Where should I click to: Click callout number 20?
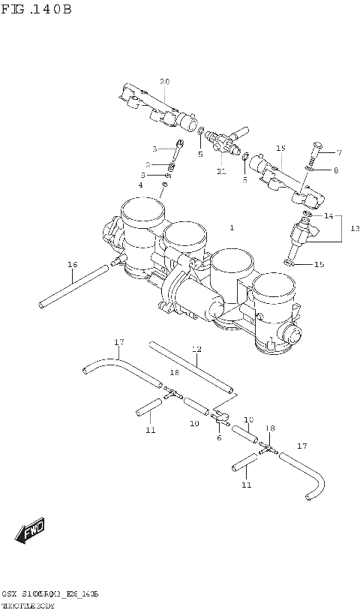click(164, 81)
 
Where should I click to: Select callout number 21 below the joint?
click(220, 171)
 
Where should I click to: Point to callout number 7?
click(338, 152)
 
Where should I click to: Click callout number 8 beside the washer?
click(335, 170)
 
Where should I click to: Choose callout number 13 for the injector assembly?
click(355, 227)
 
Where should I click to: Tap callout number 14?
click(328, 215)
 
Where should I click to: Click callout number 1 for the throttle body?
click(232, 227)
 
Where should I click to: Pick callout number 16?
click(72, 264)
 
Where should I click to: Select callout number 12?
click(196, 349)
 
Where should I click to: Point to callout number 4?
click(139, 185)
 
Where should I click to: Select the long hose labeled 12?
click(191, 367)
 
